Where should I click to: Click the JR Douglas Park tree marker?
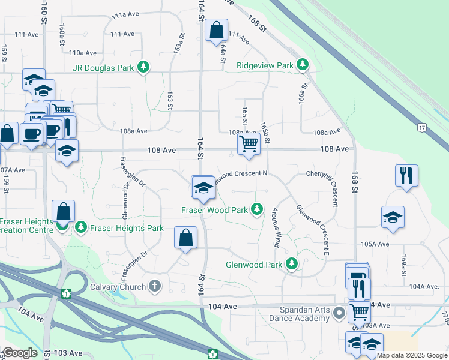tap(143, 67)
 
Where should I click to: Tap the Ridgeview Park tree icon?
tap(303, 65)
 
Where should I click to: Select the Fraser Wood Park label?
tap(214, 210)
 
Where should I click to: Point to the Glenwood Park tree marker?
tap(292, 264)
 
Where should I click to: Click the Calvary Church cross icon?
tap(155, 286)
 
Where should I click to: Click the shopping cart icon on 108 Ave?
tap(249, 144)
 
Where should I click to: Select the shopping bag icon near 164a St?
tap(216, 30)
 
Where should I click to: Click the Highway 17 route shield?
tap(421, 127)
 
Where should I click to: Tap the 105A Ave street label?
tap(375, 244)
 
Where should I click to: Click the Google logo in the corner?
tap(20, 353)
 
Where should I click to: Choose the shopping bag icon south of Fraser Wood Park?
tap(186, 237)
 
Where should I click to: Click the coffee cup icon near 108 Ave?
tap(30, 133)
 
